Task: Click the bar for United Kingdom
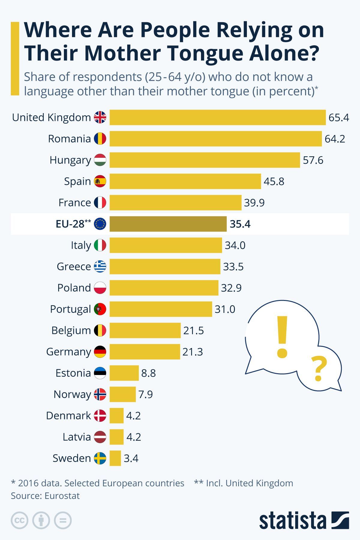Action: pos(217,117)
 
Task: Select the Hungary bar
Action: pos(205,160)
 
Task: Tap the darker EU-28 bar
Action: pos(168,224)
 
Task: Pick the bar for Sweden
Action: pos(115,458)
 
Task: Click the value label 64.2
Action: pos(335,139)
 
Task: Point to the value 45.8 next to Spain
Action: pos(274,181)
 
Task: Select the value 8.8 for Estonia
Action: pos(148,373)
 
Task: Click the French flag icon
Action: pos(100,202)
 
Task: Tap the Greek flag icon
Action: pos(100,266)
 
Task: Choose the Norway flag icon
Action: pos(100,394)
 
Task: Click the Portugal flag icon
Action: pos(100,309)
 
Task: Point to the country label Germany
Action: pos(68,352)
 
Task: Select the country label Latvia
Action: pos(76,437)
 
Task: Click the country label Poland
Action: pos(74,288)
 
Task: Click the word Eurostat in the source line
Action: pos(62,496)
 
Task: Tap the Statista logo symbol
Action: pos(340,520)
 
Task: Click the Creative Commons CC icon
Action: pos(19,520)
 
